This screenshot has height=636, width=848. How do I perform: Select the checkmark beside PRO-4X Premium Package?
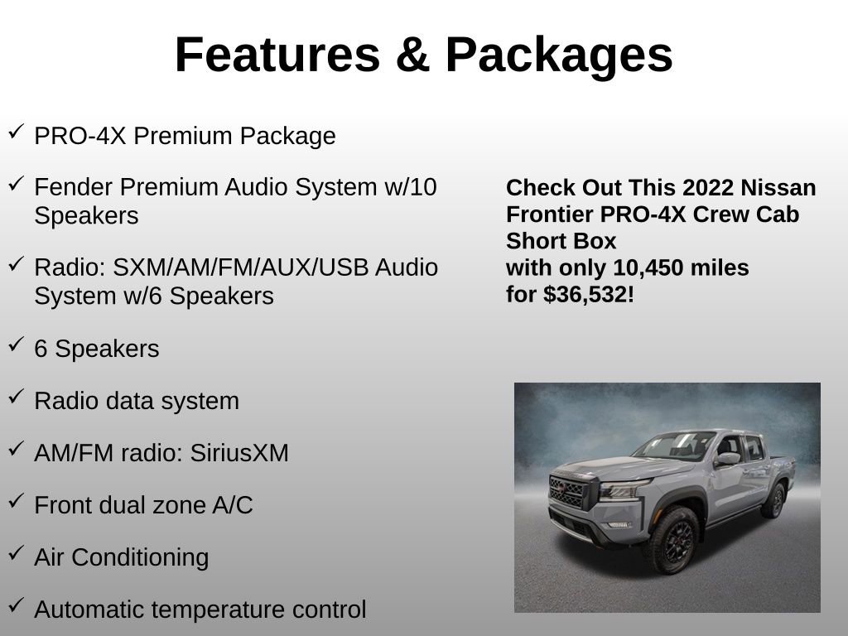click(17, 132)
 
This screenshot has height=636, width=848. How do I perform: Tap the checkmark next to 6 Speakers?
click(17, 345)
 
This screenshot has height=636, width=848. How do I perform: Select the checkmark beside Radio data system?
click(17, 397)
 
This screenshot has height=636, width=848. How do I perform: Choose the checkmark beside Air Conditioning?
click(17, 553)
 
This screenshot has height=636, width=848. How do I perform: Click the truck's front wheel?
click(671, 539)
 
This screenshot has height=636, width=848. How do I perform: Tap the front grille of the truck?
click(568, 494)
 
